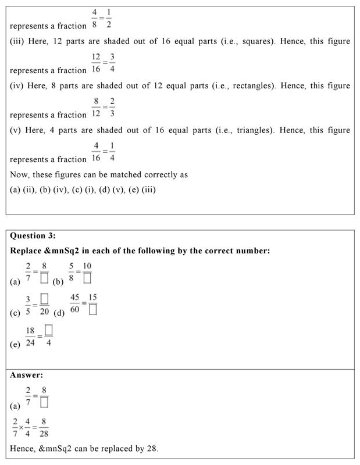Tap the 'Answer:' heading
click(26, 375)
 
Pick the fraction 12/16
click(96, 63)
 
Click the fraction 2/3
click(112, 108)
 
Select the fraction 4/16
click(96, 152)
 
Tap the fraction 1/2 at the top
click(109, 19)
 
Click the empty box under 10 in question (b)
click(87, 278)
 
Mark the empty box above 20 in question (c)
click(44, 299)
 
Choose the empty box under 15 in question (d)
click(93, 310)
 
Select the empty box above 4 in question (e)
click(49, 331)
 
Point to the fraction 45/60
click(75, 303)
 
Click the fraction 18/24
click(30, 336)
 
